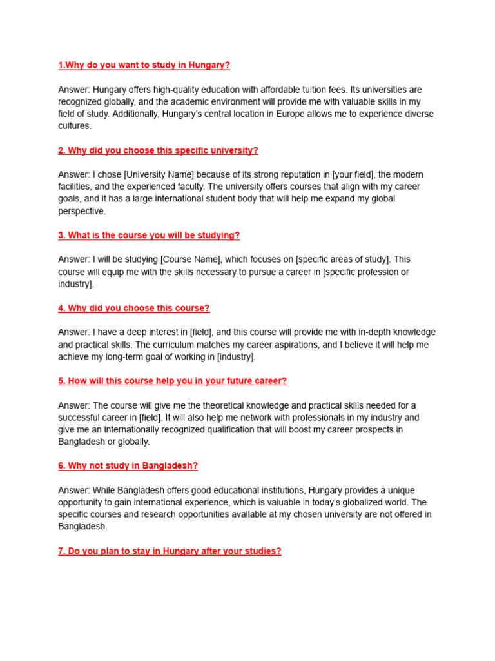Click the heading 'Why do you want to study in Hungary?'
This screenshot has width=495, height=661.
(x=144, y=65)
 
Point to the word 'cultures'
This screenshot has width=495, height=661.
(x=74, y=127)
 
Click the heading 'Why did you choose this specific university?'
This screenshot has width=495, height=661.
(x=158, y=150)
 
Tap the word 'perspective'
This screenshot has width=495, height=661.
(x=81, y=211)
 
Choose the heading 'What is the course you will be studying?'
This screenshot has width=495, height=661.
(x=149, y=236)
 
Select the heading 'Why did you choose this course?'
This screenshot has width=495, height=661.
(x=134, y=308)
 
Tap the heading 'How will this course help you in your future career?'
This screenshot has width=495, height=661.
(x=173, y=381)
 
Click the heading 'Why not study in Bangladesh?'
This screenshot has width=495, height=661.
(x=128, y=465)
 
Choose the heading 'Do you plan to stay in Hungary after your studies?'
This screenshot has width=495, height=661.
(x=170, y=551)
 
